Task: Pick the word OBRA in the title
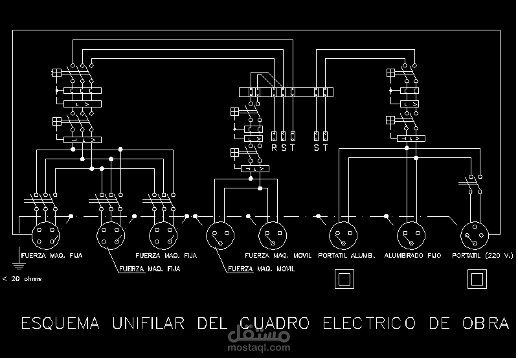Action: (x=481, y=323)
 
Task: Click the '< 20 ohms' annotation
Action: (x=23, y=279)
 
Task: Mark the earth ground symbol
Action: (x=16, y=262)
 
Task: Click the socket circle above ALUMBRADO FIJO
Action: (x=409, y=234)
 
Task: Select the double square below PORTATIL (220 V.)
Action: (x=477, y=279)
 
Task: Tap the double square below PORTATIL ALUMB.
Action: (x=343, y=279)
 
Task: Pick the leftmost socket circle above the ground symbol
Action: (x=44, y=234)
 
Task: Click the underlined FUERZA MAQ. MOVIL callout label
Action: (x=262, y=268)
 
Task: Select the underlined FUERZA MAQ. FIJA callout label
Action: (x=148, y=268)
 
